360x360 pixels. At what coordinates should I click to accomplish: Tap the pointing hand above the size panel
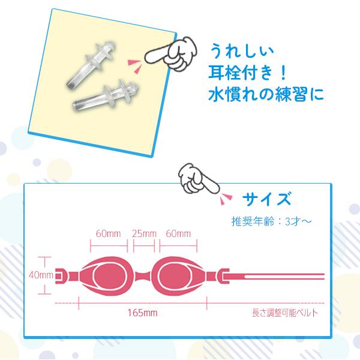(197, 178)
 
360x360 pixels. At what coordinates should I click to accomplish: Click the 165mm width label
(142, 313)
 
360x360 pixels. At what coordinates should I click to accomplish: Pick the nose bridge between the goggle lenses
(143, 275)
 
